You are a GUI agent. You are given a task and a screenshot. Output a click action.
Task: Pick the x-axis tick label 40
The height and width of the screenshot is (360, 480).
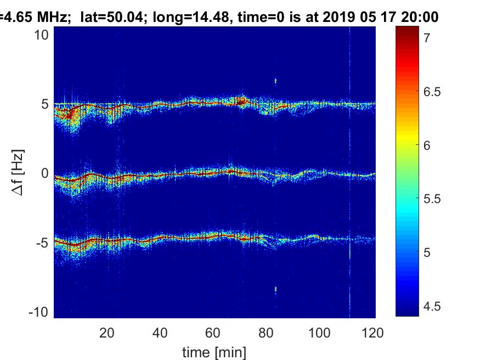click(x=160, y=333)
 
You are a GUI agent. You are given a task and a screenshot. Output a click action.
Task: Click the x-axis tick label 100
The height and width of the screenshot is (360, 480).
click(x=319, y=333)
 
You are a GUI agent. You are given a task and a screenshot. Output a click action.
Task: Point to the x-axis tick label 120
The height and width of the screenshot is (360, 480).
click(x=372, y=333)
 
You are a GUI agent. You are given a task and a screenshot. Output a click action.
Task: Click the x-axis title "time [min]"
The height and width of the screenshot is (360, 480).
click(x=214, y=351)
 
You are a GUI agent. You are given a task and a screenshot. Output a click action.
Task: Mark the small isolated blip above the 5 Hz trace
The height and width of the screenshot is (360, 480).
click(x=275, y=81)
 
